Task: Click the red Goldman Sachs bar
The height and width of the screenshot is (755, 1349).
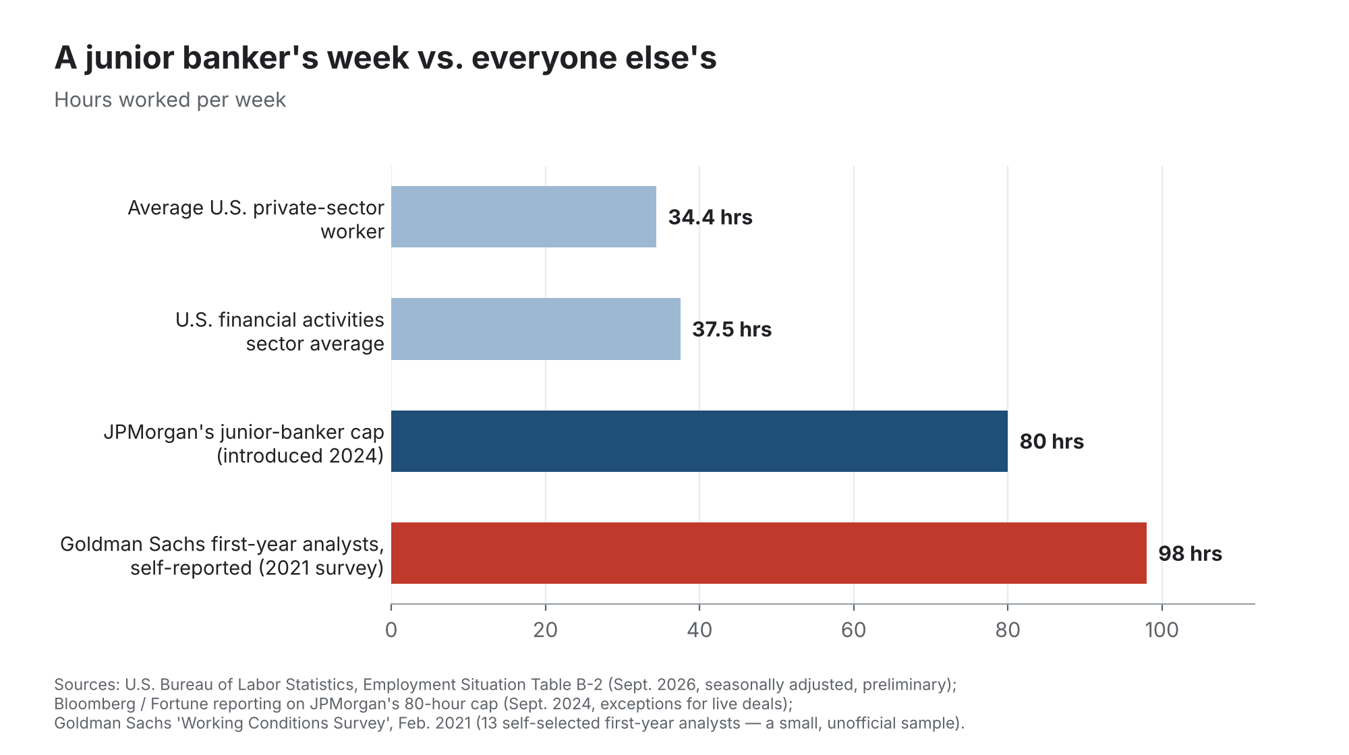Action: coord(768,553)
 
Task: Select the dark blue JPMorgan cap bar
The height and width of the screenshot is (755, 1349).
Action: coord(699,441)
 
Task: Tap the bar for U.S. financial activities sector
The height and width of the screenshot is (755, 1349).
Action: coord(536,329)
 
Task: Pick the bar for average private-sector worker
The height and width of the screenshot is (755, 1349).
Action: coord(523,217)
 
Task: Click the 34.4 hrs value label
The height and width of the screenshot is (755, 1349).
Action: coord(710,217)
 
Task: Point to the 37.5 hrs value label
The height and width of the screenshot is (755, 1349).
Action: coord(732,329)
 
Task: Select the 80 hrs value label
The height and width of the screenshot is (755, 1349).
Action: coord(1052,442)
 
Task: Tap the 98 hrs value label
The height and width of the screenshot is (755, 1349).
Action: coord(1190,553)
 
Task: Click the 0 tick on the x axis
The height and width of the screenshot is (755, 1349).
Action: coord(391,630)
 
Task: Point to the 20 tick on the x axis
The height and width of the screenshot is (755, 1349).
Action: coord(545,630)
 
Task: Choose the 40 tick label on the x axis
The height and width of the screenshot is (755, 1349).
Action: coord(699,630)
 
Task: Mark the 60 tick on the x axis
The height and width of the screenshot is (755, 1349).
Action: coord(853,630)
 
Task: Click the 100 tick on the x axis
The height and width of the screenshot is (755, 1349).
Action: coord(1161,630)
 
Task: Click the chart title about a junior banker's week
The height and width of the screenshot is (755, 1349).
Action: coord(385,57)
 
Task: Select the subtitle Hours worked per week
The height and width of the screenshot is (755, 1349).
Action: coord(170,100)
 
